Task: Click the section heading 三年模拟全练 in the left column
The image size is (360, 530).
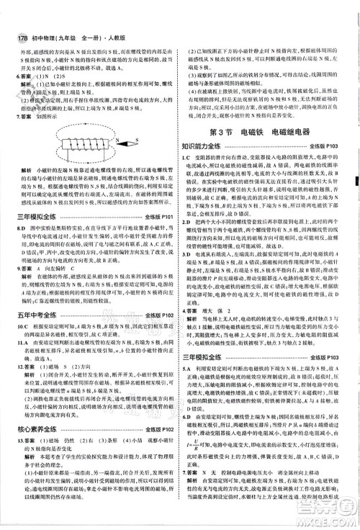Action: coord(34,215)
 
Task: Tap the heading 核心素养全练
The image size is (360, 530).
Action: coord(34,410)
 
